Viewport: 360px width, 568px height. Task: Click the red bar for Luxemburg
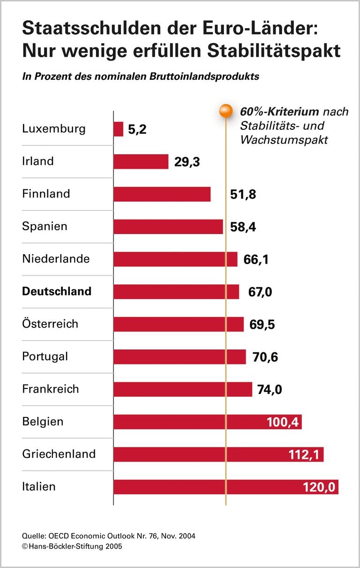(x=118, y=129)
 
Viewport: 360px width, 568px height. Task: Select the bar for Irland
(x=141, y=161)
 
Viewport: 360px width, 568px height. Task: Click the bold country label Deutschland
(x=57, y=291)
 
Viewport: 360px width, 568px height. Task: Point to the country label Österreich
(x=50, y=324)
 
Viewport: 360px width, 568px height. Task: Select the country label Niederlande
(x=56, y=258)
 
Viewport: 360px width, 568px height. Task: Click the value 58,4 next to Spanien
(x=244, y=227)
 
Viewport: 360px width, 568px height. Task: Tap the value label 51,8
(x=243, y=194)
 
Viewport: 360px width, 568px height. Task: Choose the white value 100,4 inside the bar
(x=283, y=422)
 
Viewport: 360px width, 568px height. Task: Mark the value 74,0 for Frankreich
(x=270, y=389)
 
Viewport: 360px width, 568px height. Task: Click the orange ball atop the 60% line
(x=225, y=111)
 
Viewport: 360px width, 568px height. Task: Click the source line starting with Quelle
(x=109, y=536)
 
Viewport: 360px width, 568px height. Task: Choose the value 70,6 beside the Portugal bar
(x=265, y=357)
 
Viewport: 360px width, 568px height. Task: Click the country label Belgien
(x=43, y=421)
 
